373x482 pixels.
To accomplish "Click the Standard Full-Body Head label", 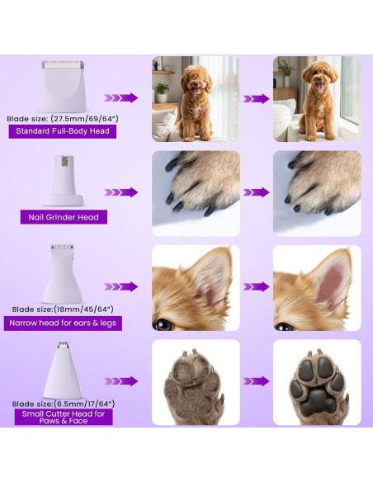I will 62,130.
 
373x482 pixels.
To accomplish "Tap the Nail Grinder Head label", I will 62,217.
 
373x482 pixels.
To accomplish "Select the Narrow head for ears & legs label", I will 64,323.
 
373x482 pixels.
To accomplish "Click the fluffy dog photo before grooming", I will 196,98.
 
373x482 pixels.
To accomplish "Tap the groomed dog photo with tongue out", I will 317,98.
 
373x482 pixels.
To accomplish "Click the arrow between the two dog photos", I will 256,98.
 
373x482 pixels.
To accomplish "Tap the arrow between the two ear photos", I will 256,287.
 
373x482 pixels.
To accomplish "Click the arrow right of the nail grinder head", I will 121,192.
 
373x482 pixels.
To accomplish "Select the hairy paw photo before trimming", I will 196,382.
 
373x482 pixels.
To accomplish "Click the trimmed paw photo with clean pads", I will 317,382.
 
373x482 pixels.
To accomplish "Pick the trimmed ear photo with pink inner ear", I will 317,287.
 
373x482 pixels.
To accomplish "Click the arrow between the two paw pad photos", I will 256,381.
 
